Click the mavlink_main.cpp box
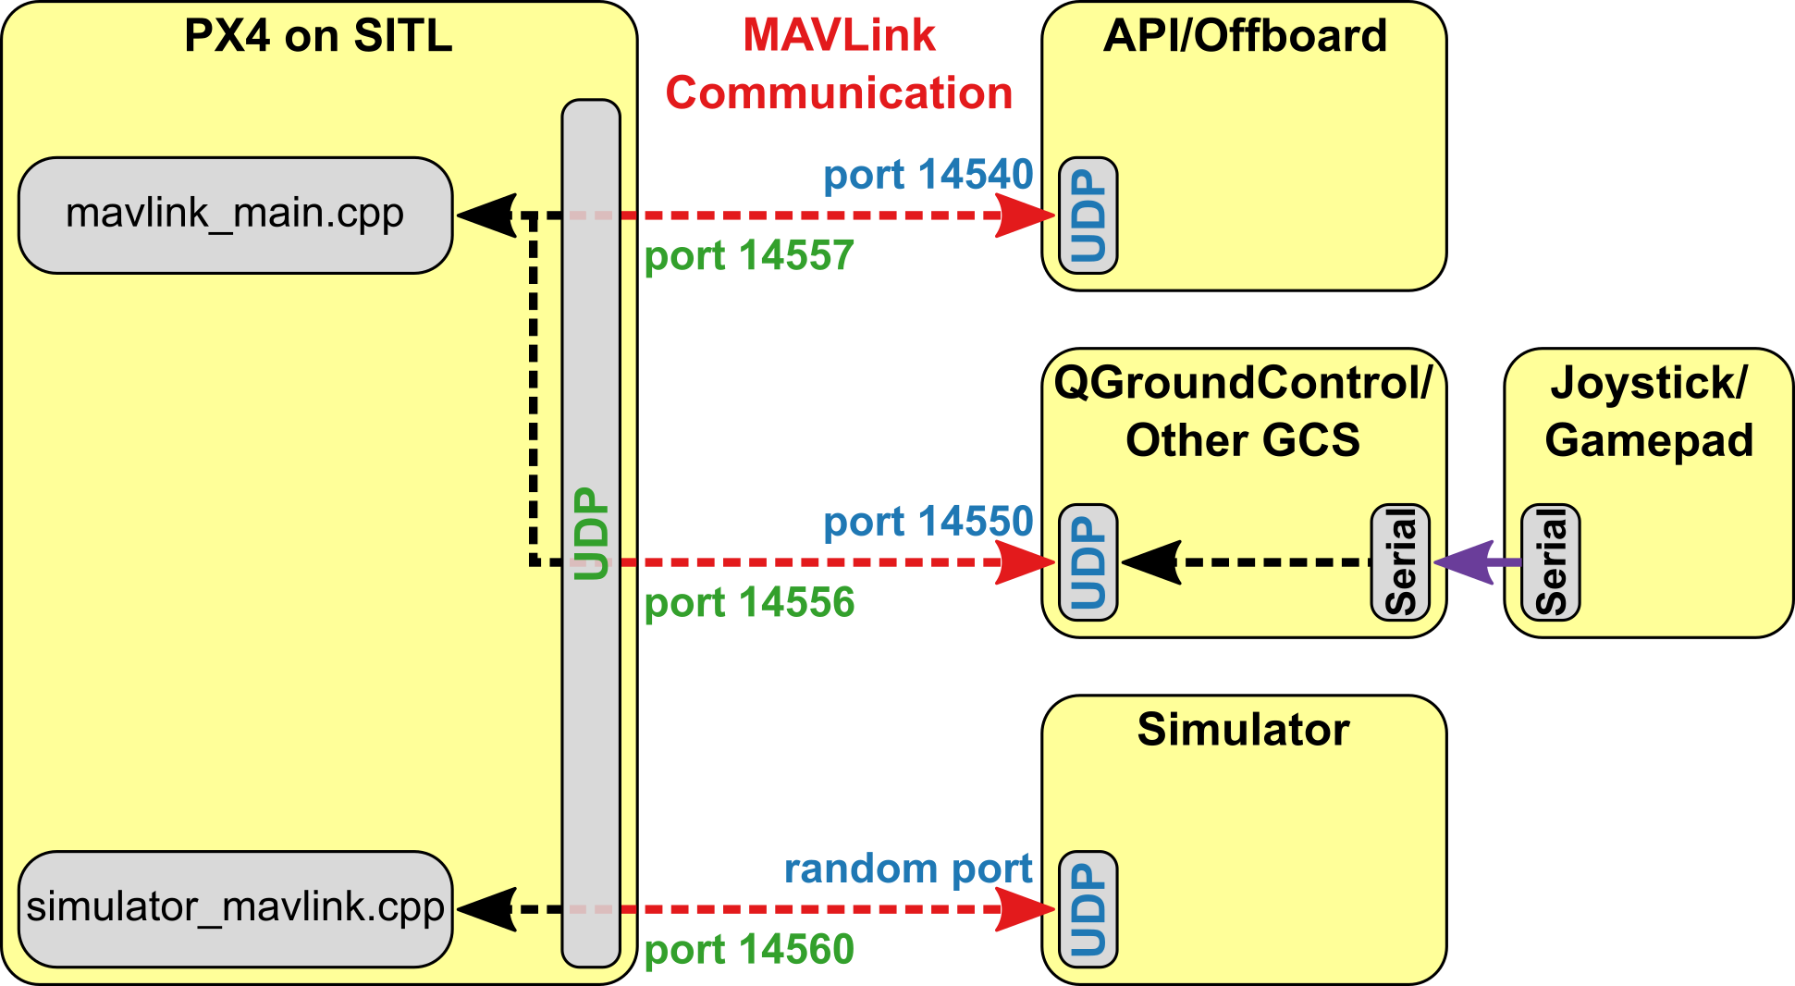pos(235,215)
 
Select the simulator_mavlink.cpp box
pos(235,908)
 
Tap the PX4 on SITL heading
pos(318,36)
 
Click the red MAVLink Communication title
pos(839,65)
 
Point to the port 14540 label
pos(928,175)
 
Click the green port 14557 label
pos(749,256)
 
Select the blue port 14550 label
pos(928,522)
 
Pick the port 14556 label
pos(749,603)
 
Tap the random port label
pos(908,869)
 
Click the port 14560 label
pos(749,950)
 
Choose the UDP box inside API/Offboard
pos(1088,216)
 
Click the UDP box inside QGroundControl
pos(1088,562)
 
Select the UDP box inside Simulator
pos(1088,909)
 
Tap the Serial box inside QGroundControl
pos(1400,562)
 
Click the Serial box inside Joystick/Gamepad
pos(1551,562)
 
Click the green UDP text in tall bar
pos(591,534)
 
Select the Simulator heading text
pos(1243,730)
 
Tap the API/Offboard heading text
pos(1245,36)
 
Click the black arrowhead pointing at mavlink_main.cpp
pos(486,216)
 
